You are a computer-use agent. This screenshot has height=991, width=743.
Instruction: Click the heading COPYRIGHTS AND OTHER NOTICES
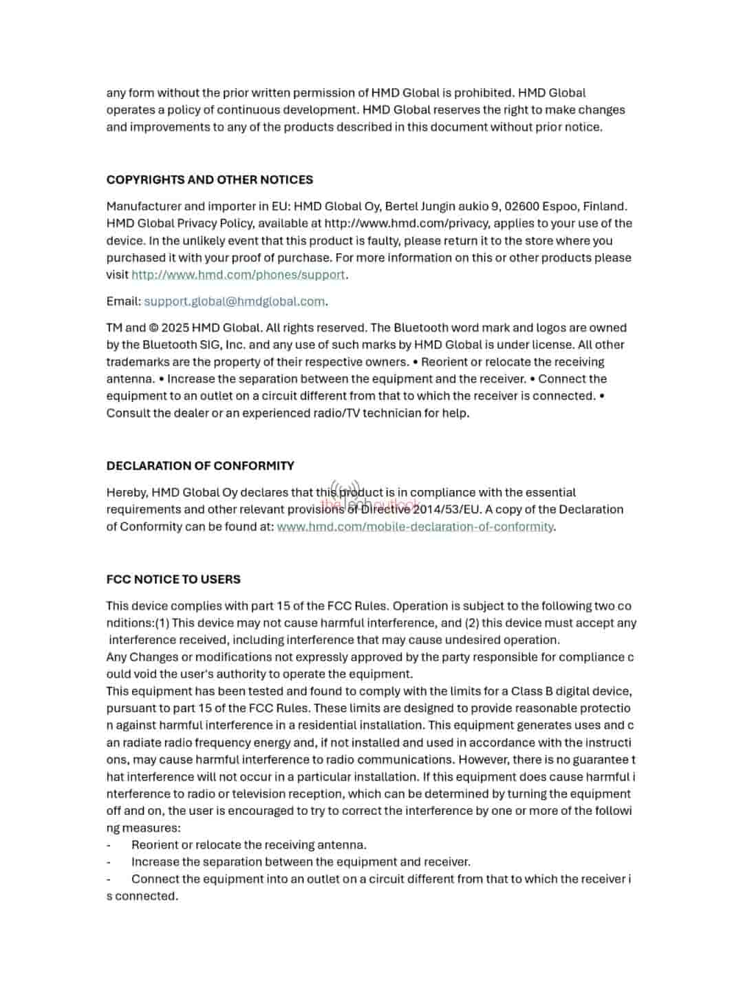(x=209, y=180)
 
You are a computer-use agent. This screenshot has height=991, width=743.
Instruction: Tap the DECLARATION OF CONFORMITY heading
(x=200, y=466)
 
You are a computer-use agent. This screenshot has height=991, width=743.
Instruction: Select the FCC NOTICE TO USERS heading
(x=173, y=579)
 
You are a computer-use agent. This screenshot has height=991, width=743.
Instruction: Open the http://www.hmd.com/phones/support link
(x=238, y=275)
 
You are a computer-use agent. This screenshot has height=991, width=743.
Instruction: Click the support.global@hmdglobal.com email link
(x=234, y=301)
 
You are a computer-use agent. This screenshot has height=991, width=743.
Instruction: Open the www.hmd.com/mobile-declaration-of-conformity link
(x=415, y=526)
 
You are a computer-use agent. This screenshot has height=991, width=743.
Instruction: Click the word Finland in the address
(x=604, y=206)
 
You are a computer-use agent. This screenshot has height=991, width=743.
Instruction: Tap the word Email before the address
(x=123, y=301)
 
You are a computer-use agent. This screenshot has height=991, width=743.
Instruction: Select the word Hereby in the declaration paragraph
(x=127, y=493)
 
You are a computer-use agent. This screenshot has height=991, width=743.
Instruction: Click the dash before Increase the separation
(x=109, y=862)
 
